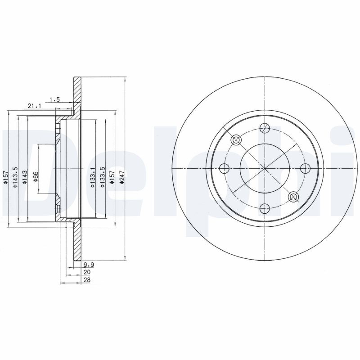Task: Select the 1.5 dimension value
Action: pyautogui.click(x=54, y=99)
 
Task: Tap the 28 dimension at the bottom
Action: pyautogui.click(x=86, y=280)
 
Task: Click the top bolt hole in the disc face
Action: pyautogui.click(x=265, y=128)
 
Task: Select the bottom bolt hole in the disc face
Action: pyautogui.click(x=265, y=208)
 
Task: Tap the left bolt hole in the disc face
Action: pyautogui.click(x=225, y=168)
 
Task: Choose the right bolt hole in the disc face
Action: pyautogui.click(x=305, y=168)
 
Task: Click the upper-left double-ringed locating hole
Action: pyautogui.click(x=237, y=140)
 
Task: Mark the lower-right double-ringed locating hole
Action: pyautogui.click(x=293, y=197)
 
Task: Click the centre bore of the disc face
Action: pyautogui.click(x=265, y=168)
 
